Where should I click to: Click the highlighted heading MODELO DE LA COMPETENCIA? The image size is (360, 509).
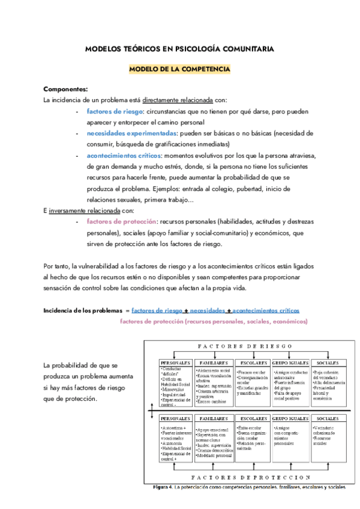tap(179, 70)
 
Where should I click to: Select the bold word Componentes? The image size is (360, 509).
tap(66, 89)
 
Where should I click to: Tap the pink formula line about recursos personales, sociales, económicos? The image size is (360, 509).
tap(213, 322)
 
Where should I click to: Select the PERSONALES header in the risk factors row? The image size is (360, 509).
tap(176, 364)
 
